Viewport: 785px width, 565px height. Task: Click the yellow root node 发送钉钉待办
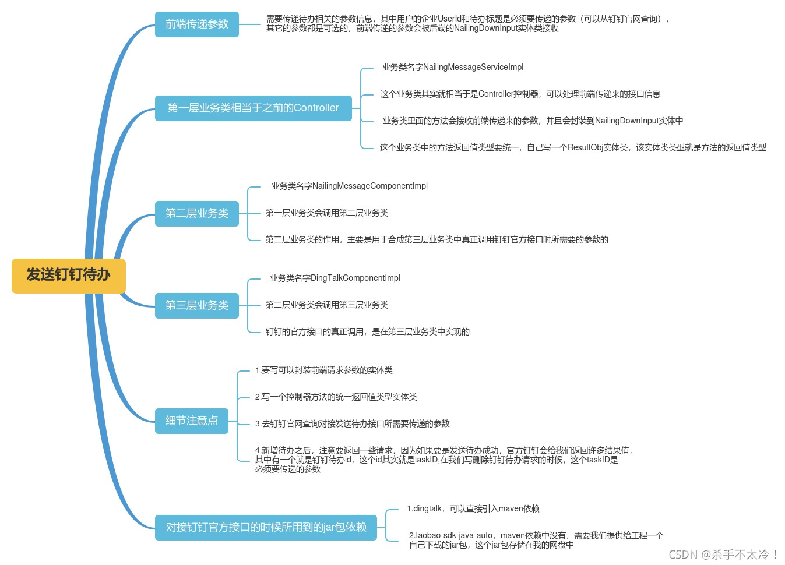69,276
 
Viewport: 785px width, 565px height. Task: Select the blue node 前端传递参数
197,24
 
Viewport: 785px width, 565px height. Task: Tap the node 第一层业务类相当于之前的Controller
253,108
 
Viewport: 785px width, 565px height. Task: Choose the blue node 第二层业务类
197,214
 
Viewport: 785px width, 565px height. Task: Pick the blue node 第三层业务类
197,306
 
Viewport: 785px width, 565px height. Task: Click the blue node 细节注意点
191,421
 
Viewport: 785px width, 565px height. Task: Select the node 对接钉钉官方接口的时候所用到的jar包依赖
266,528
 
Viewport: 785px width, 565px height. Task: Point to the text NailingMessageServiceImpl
473,68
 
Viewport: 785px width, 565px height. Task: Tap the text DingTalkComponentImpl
355,278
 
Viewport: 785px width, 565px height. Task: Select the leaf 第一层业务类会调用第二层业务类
327,213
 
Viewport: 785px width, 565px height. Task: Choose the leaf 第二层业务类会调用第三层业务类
327,305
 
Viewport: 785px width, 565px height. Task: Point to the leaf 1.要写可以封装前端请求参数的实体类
324,370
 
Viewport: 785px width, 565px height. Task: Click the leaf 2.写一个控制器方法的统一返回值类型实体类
336,397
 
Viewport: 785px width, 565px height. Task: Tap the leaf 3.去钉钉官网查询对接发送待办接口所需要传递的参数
353,424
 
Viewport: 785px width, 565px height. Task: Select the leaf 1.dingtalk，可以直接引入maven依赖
473,509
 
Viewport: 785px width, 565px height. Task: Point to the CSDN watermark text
723,555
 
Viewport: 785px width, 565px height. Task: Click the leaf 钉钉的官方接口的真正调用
368,332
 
